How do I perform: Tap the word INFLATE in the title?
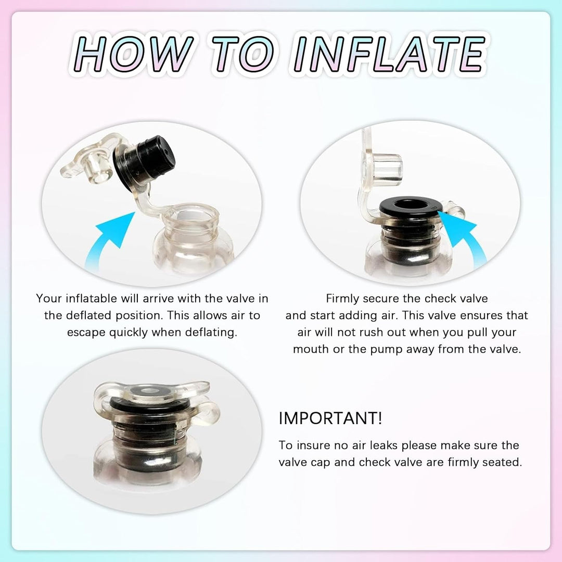coord(389,54)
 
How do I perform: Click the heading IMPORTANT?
coord(330,418)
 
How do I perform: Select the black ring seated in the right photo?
coord(408,207)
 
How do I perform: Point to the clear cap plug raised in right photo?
coord(381,169)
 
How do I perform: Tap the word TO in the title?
coord(243,54)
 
